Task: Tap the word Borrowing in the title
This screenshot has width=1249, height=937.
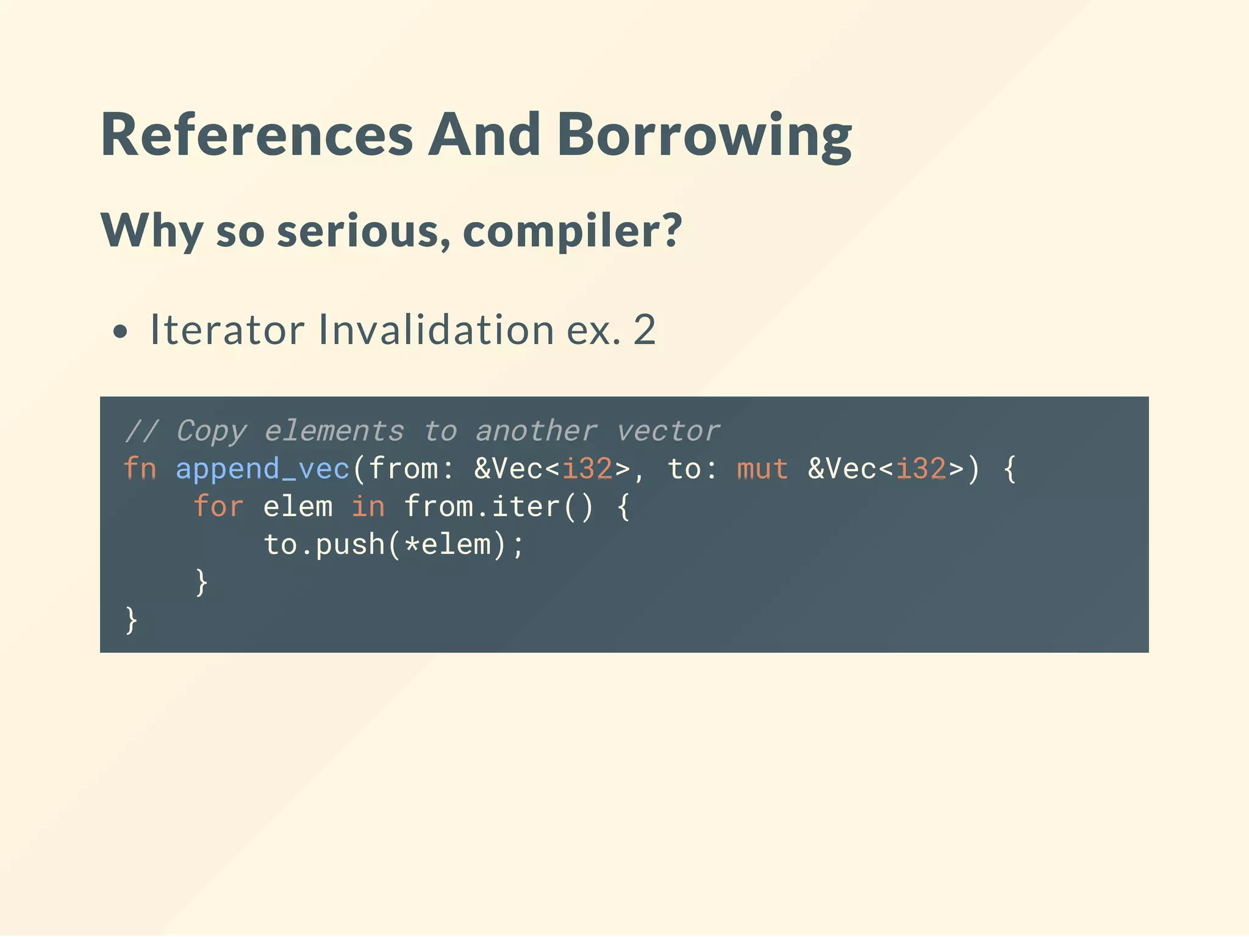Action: point(704,135)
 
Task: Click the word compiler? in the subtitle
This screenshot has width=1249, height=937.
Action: point(572,232)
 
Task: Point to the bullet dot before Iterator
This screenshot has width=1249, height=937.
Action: point(121,332)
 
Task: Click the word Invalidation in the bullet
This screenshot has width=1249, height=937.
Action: point(435,330)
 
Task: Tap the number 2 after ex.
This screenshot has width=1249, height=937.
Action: point(644,330)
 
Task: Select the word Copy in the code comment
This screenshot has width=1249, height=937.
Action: point(211,431)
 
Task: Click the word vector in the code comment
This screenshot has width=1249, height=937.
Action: point(668,431)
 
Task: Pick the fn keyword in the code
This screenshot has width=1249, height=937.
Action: point(140,469)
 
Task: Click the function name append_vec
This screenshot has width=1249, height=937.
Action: point(263,469)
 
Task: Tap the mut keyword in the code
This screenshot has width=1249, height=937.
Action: point(762,469)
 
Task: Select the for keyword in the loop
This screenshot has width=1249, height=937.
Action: point(218,507)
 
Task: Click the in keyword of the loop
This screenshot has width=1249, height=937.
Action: point(368,507)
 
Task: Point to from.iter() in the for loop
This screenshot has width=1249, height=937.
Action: point(498,507)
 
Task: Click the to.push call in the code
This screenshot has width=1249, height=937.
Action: point(324,545)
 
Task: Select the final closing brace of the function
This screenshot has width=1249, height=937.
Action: point(131,620)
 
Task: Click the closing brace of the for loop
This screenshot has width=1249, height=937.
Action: point(201,583)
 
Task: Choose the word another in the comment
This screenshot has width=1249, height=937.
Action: point(536,431)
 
